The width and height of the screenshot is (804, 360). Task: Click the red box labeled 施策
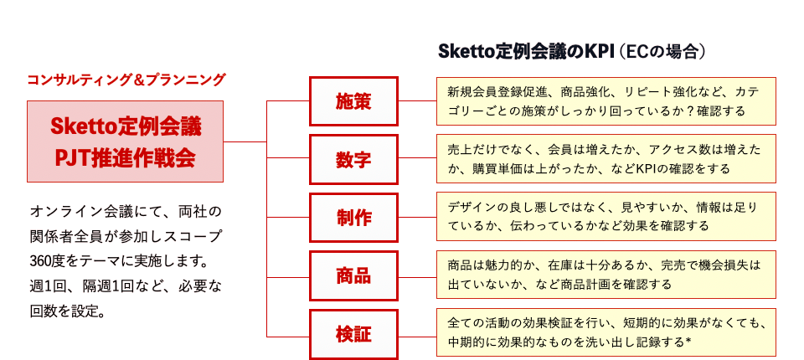353,101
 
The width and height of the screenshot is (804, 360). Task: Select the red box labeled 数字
353,159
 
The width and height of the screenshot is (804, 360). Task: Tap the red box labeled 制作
353,217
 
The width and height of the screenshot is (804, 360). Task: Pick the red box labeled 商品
353,275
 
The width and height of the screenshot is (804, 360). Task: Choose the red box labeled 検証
353,334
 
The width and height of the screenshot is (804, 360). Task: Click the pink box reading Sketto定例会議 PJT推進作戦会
125,141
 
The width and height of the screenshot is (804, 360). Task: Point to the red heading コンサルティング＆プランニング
126,80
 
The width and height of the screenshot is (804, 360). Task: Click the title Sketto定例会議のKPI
526,51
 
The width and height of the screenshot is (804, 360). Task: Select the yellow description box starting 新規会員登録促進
606,101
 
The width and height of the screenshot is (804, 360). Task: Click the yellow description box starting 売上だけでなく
606,159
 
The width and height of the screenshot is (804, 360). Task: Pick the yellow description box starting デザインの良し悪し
606,216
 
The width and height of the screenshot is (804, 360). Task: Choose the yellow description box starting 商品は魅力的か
606,275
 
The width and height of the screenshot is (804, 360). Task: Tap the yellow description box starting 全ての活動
606,332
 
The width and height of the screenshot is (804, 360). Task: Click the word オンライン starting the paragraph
61,211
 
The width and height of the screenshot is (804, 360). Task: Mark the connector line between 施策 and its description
417,101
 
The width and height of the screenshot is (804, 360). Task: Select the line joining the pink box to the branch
245,141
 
